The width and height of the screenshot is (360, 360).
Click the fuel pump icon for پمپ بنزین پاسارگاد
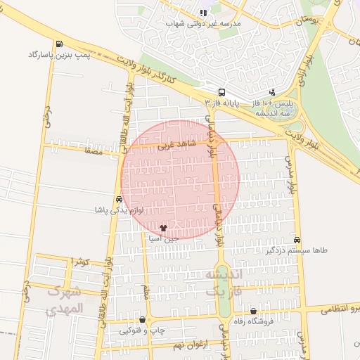coord(57,44)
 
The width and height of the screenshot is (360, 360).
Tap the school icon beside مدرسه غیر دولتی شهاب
coord(203,13)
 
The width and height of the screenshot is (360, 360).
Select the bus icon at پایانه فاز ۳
coord(222,92)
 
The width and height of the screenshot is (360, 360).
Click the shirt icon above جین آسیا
coord(164,228)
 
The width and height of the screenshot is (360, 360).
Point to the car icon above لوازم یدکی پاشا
coord(118,199)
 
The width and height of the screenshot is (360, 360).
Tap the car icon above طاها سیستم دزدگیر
coord(297,240)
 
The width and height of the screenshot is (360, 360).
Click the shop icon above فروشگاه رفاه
coord(253,311)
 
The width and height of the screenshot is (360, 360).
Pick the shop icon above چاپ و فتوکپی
coord(143,320)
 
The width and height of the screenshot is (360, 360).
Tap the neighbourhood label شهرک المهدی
coord(63,300)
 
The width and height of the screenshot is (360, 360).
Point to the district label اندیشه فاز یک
coord(224,281)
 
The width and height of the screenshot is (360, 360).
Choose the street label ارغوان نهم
coord(169,345)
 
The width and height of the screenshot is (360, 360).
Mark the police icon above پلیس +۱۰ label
coord(273,92)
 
